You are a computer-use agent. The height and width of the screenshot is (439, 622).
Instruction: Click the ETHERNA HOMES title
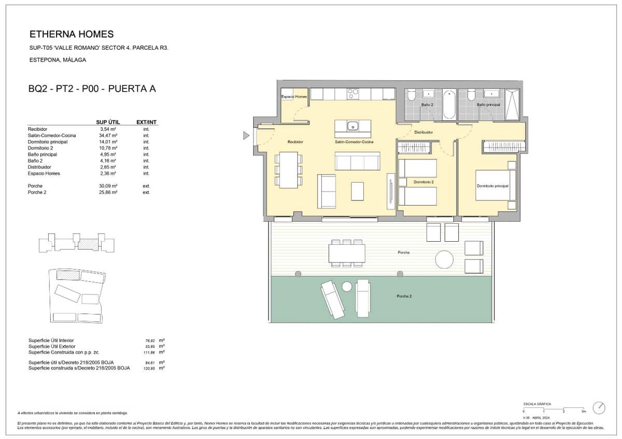click(72, 35)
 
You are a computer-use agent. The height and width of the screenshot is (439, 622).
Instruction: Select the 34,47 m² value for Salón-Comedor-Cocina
click(109, 135)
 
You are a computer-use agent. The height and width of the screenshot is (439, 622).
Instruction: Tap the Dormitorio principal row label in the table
click(48, 141)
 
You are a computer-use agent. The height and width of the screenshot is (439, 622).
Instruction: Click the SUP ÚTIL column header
click(108, 122)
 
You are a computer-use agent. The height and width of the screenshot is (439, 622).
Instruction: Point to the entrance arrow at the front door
click(246, 136)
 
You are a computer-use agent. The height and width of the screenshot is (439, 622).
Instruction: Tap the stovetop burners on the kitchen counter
click(353, 94)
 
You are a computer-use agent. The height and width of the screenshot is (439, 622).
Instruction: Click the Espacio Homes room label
click(294, 97)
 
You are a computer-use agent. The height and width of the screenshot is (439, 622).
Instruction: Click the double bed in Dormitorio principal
click(496, 185)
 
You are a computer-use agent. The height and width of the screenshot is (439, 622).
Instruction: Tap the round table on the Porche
click(444, 259)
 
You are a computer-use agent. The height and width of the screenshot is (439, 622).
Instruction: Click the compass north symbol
click(599, 407)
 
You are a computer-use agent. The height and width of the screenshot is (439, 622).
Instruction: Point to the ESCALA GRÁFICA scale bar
click(554, 407)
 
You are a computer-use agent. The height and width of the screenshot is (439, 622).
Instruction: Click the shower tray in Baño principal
click(512, 105)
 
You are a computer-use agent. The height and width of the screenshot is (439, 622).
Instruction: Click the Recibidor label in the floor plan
click(295, 142)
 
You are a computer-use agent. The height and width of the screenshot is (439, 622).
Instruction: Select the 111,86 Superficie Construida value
click(150, 352)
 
